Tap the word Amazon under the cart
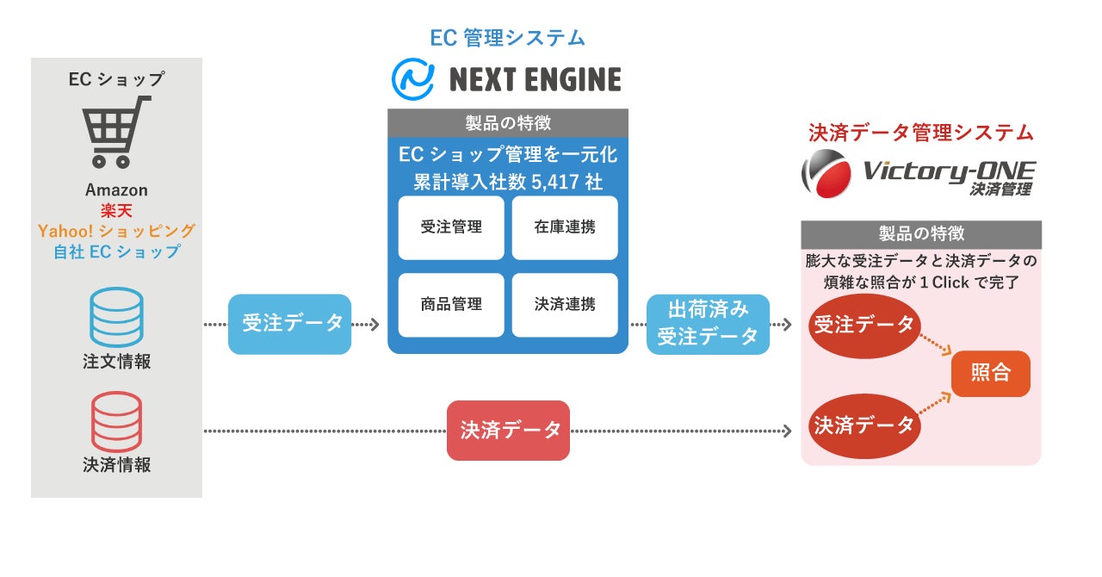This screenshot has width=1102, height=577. (x=116, y=190)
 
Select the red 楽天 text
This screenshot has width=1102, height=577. (x=116, y=211)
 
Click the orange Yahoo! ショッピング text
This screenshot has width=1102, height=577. (x=116, y=231)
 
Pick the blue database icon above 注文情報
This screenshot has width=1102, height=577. (x=116, y=317)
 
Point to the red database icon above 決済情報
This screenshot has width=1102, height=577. (x=116, y=420)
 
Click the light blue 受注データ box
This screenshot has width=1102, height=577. (x=289, y=324)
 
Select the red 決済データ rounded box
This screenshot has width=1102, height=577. (x=508, y=430)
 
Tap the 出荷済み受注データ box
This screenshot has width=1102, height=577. (x=708, y=324)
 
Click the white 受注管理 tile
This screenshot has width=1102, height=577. (x=451, y=227)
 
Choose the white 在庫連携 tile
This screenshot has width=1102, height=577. (x=565, y=227)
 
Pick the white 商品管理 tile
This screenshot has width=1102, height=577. (x=451, y=304)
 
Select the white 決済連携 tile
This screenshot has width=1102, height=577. (x=565, y=304)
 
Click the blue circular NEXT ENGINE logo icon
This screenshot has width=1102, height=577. (x=412, y=79)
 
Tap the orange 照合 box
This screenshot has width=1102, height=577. (x=990, y=374)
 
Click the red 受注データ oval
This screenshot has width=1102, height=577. (x=864, y=326)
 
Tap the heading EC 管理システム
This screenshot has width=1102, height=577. (x=507, y=38)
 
